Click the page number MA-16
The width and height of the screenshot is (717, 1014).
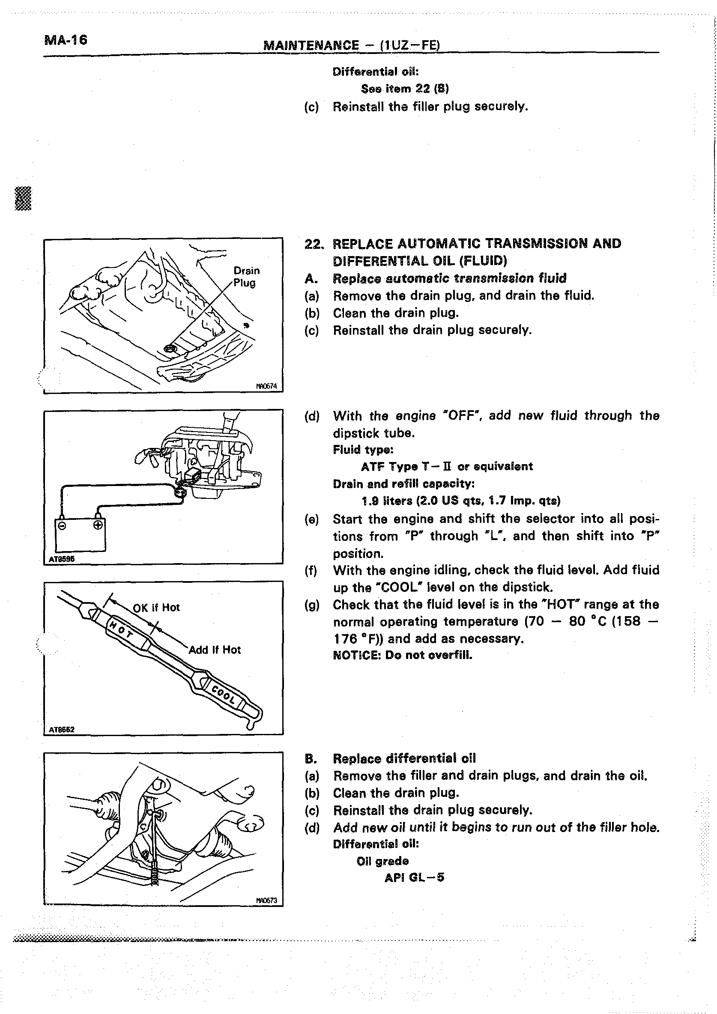click(x=66, y=40)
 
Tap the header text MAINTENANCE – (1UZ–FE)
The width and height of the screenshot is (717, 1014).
click(x=352, y=45)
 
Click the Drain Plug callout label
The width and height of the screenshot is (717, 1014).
click(x=247, y=277)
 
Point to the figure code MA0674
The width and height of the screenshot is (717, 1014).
click(x=266, y=386)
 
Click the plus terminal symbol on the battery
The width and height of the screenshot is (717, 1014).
click(x=98, y=525)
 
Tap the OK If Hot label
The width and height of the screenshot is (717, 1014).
click(x=156, y=608)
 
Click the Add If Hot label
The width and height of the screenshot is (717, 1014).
click(x=215, y=650)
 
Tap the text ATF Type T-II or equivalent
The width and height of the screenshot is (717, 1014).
click(x=447, y=466)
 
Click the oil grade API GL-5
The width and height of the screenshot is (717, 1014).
click(x=414, y=877)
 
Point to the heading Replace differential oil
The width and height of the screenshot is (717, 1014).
click(x=404, y=758)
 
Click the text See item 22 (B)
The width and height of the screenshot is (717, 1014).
click(x=405, y=89)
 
